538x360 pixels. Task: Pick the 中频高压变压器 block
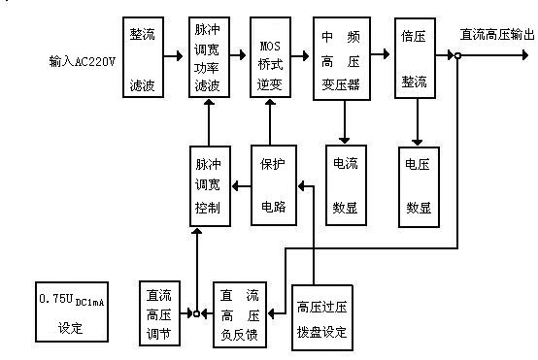click(x=341, y=58)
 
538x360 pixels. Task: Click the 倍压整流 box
click(x=415, y=58)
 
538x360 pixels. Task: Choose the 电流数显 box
click(x=346, y=185)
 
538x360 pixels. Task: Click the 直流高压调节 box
click(x=158, y=314)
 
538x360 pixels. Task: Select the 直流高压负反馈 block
click(x=238, y=314)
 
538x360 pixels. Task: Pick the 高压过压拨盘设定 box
click(x=321, y=314)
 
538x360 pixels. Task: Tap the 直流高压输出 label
click(x=497, y=34)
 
